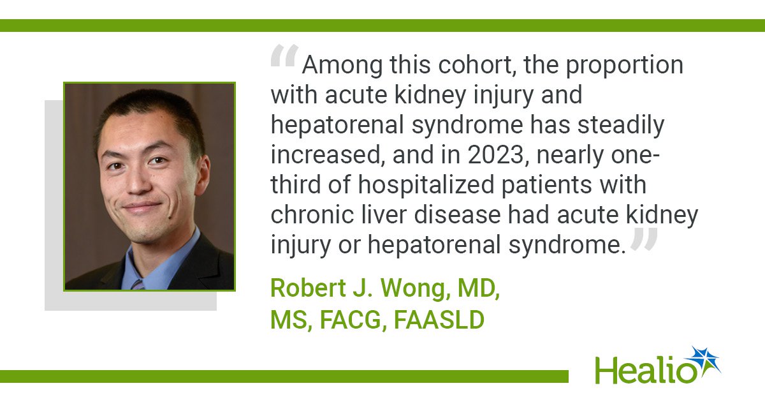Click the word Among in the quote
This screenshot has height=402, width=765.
tap(342, 65)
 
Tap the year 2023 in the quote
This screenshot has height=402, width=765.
tap(496, 155)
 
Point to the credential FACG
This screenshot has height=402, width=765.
tap(353, 320)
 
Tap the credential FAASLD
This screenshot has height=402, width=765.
tap(439, 320)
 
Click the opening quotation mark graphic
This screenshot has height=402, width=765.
tap(285, 56)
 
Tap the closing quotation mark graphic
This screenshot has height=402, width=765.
tap(644, 239)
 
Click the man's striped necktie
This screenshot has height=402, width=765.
tap(137, 285)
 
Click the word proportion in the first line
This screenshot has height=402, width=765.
tap(625, 65)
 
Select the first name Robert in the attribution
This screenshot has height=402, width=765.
tap(308, 288)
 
